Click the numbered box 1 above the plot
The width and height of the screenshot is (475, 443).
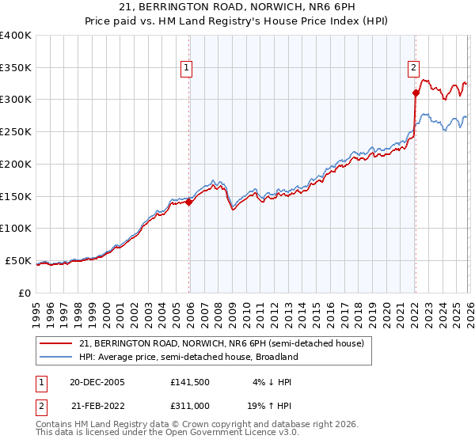pyautogui.click(x=186, y=69)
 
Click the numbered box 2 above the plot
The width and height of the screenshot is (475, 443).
pyautogui.click(x=413, y=69)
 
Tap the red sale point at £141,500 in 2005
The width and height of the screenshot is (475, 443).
pyautogui.click(x=189, y=202)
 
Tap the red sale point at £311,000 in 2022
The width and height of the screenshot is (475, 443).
pyautogui.click(x=416, y=93)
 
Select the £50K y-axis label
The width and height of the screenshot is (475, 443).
pyautogui.click(x=17, y=260)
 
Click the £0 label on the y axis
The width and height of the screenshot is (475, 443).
pyautogui.click(x=24, y=293)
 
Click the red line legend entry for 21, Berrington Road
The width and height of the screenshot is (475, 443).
pyautogui.click(x=221, y=343)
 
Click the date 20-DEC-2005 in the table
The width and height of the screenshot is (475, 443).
pyautogui.click(x=97, y=382)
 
